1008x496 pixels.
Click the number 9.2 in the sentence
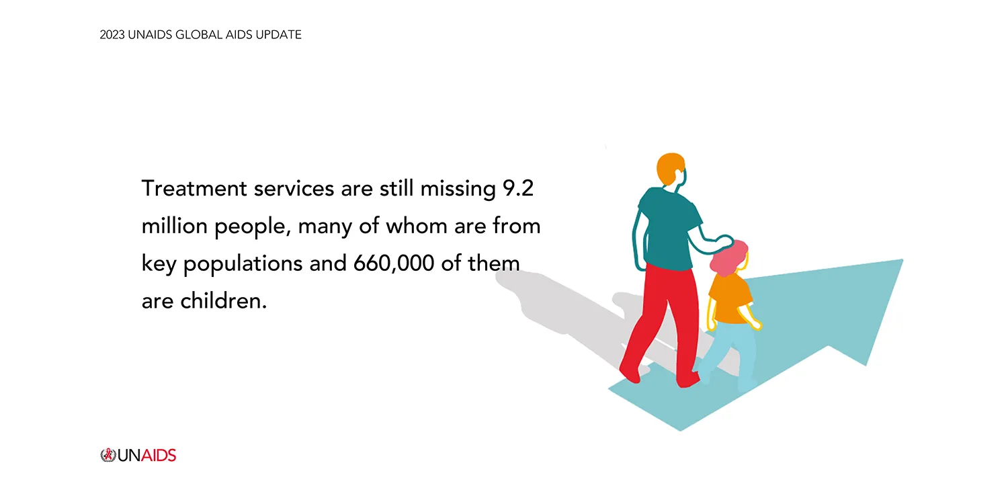517,188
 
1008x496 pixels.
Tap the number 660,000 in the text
393,263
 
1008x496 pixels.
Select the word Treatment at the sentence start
194,188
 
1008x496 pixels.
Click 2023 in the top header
112,35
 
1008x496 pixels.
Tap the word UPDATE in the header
279,35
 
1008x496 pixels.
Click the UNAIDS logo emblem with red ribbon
108,455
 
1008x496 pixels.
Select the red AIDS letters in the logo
159,456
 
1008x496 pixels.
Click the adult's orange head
670,169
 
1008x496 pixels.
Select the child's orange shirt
730,298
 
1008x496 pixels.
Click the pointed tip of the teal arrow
902,259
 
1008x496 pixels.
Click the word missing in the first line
458,189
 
